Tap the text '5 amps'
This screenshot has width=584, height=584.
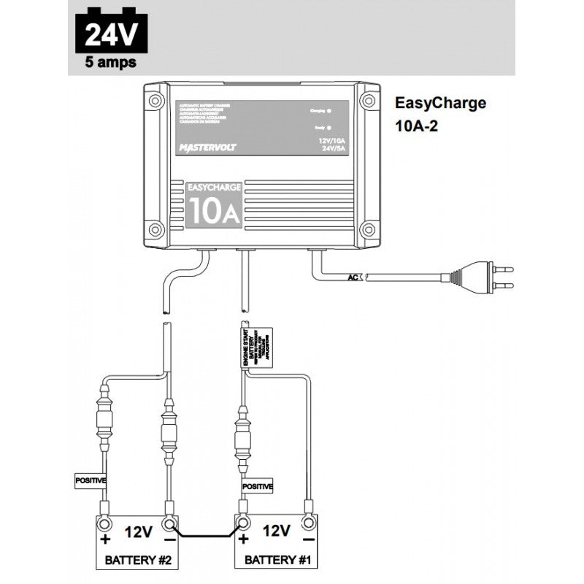[x=110, y=62]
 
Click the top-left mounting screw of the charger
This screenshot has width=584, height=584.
[x=155, y=99]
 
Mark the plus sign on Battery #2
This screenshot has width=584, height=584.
[x=105, y=540]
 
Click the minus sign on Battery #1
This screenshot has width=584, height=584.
[x=308, y=540]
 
